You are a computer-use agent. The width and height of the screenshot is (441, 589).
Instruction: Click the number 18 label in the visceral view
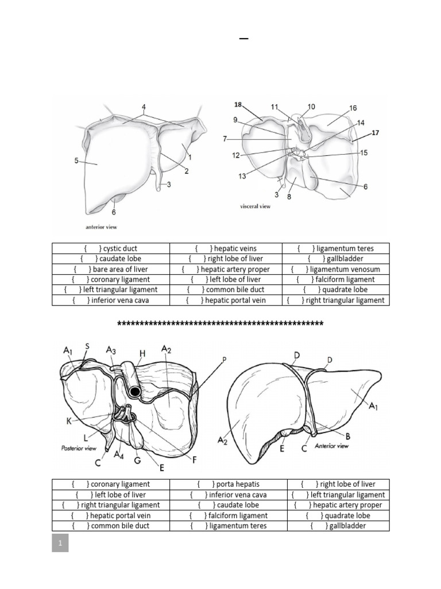click(238, 105)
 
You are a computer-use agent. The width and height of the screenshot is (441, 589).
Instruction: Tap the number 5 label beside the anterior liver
click(76, 162)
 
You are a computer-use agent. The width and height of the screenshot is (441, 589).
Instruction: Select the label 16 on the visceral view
click(353, 108)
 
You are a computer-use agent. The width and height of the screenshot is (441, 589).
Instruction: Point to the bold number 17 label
click(376, 133)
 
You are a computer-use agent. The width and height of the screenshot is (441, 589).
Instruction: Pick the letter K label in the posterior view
click(69, 421)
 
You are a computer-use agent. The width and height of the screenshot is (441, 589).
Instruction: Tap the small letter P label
click(225, 359)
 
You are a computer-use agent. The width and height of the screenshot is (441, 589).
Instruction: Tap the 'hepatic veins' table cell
click(226, 248)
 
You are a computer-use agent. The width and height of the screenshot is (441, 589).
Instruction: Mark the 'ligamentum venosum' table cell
click(335, 269)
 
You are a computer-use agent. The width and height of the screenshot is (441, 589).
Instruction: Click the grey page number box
click(60, 542)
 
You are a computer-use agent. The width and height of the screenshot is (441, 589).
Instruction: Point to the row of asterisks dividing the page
click(220, 323)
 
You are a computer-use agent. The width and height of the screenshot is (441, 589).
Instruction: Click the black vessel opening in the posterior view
click(135, 392)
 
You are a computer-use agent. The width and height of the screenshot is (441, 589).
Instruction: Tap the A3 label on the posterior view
click(111, 350)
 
